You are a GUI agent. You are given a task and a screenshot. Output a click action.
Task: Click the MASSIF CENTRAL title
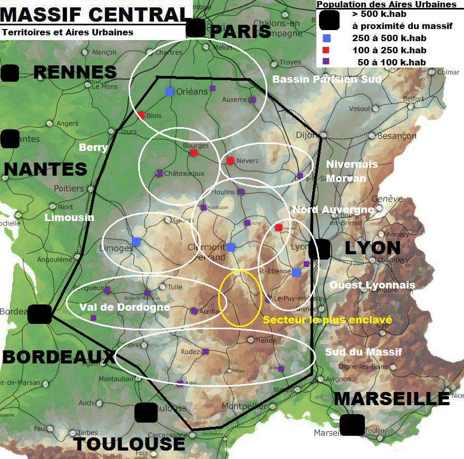pos(95,14)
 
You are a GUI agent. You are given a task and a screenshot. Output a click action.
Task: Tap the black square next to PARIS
pos(196,28)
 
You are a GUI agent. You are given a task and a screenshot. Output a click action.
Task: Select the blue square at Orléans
pos(169,91)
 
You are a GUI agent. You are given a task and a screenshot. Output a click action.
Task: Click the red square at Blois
pos(141,115)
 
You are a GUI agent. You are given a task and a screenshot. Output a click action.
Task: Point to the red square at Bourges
pos(194,153)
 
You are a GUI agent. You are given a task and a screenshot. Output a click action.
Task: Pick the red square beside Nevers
pos(230,160)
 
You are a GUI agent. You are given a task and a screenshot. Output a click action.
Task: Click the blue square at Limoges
pos(136,242)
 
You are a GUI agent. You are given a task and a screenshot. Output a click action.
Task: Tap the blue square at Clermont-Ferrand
pos(230,247)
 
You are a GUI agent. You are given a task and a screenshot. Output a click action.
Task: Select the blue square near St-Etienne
pos(296,272)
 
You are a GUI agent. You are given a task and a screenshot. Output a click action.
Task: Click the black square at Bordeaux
pos(40,314)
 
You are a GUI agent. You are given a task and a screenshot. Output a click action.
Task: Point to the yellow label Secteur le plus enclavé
pos(327,320)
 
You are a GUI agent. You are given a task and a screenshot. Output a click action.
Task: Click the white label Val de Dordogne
pos(124,307)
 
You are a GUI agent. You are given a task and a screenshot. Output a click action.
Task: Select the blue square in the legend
pos(326,38)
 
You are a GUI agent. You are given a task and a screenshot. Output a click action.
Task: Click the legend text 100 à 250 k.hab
pos(389,50)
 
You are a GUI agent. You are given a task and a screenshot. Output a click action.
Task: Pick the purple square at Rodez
pos(206,351)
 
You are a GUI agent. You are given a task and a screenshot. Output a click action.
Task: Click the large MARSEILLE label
pos(391,399)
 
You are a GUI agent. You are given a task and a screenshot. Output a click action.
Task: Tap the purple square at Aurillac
pos(194,311)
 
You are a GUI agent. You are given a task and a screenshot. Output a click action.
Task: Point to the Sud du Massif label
pos(363,352)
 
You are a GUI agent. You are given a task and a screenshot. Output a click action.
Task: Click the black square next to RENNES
pos(9,73)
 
